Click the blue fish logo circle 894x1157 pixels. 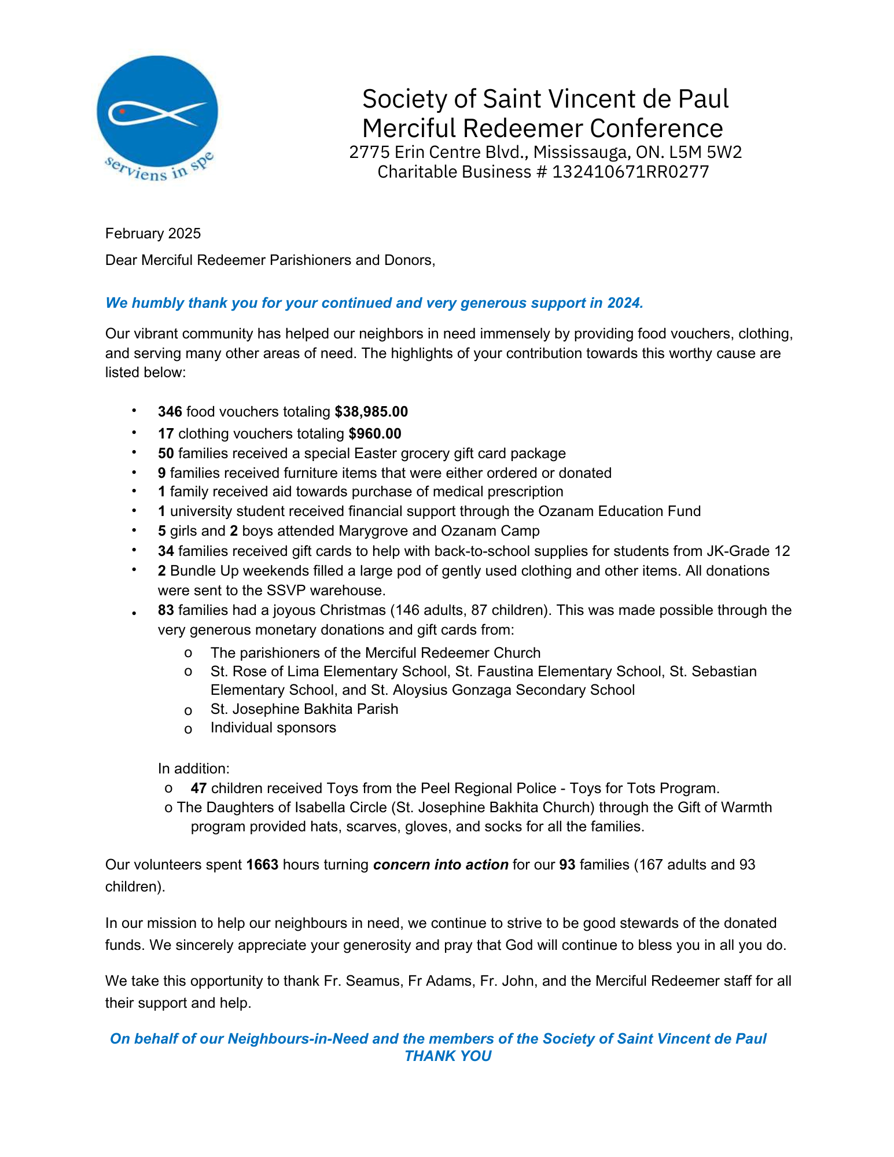coord(157,112)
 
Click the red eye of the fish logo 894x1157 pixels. coord(122,110)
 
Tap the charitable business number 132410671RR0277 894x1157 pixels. coord(630,172)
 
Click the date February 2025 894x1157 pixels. coord(153,233)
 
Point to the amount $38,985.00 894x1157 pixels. coord(371,412)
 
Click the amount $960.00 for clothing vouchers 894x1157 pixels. coord(375,433)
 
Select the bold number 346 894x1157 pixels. coord(170,412)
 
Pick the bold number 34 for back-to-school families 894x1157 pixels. coord(166,551)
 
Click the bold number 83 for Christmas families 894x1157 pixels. coord(166,610)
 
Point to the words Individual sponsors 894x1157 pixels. coord(273,727)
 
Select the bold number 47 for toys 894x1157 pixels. coord(198,788)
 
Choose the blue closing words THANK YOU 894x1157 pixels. coord(448,1056)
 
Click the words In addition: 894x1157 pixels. coord(194,768)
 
